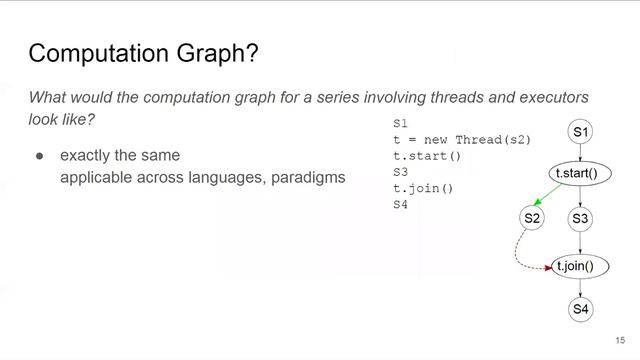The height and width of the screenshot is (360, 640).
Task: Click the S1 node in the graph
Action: pos(581,132)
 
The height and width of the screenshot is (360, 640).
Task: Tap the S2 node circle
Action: pos(532,217)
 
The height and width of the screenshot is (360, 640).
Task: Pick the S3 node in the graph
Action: pos(581,218)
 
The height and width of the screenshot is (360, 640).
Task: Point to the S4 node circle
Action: pos(581,309)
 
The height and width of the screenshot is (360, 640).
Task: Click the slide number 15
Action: pos(620,340)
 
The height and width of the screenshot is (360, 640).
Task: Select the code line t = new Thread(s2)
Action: pos(461,138)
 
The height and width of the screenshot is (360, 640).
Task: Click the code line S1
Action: pos(401,122)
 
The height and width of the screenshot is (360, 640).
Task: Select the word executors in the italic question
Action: pos(549,97)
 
